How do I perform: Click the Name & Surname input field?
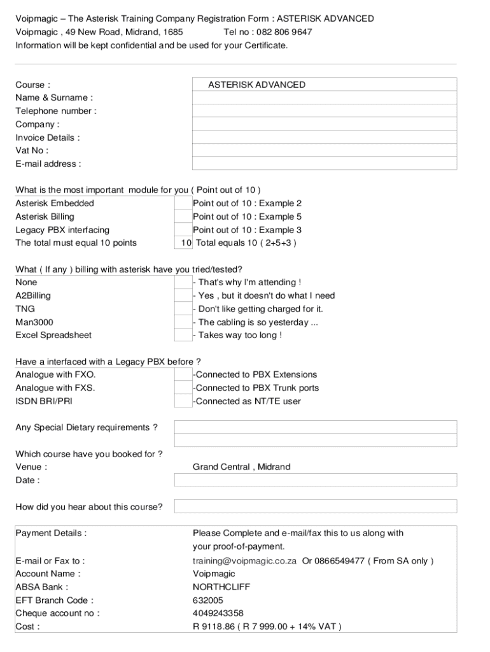click(x=325, y=97)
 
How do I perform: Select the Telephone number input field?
click(x=325, y=111)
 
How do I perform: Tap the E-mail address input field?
click(x=325, y=164)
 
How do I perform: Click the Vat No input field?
click(x=325, y=150)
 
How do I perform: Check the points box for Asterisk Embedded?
click(x=183, y=203)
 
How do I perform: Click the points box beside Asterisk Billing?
click(x=183, y=216)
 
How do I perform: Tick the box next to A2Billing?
click(x=183, y=295)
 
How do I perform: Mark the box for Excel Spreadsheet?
click(x=183, y=335)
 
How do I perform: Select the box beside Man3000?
click(x=183, y=322)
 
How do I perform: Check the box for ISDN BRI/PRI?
click(x=183, y=401)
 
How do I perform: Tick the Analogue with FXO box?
click(x=183, y=374)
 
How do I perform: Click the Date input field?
click(x=316, y=480)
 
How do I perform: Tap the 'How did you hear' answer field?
click(x=316, y=507)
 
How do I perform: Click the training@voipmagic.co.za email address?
click(x=244, y=561)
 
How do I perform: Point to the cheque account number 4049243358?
click(x=218, y=613)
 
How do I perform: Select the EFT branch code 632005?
click(x=208, y=600)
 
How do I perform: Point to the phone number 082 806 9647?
click(x=284, y=32)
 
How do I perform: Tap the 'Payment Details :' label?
click(x=51, y=533)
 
